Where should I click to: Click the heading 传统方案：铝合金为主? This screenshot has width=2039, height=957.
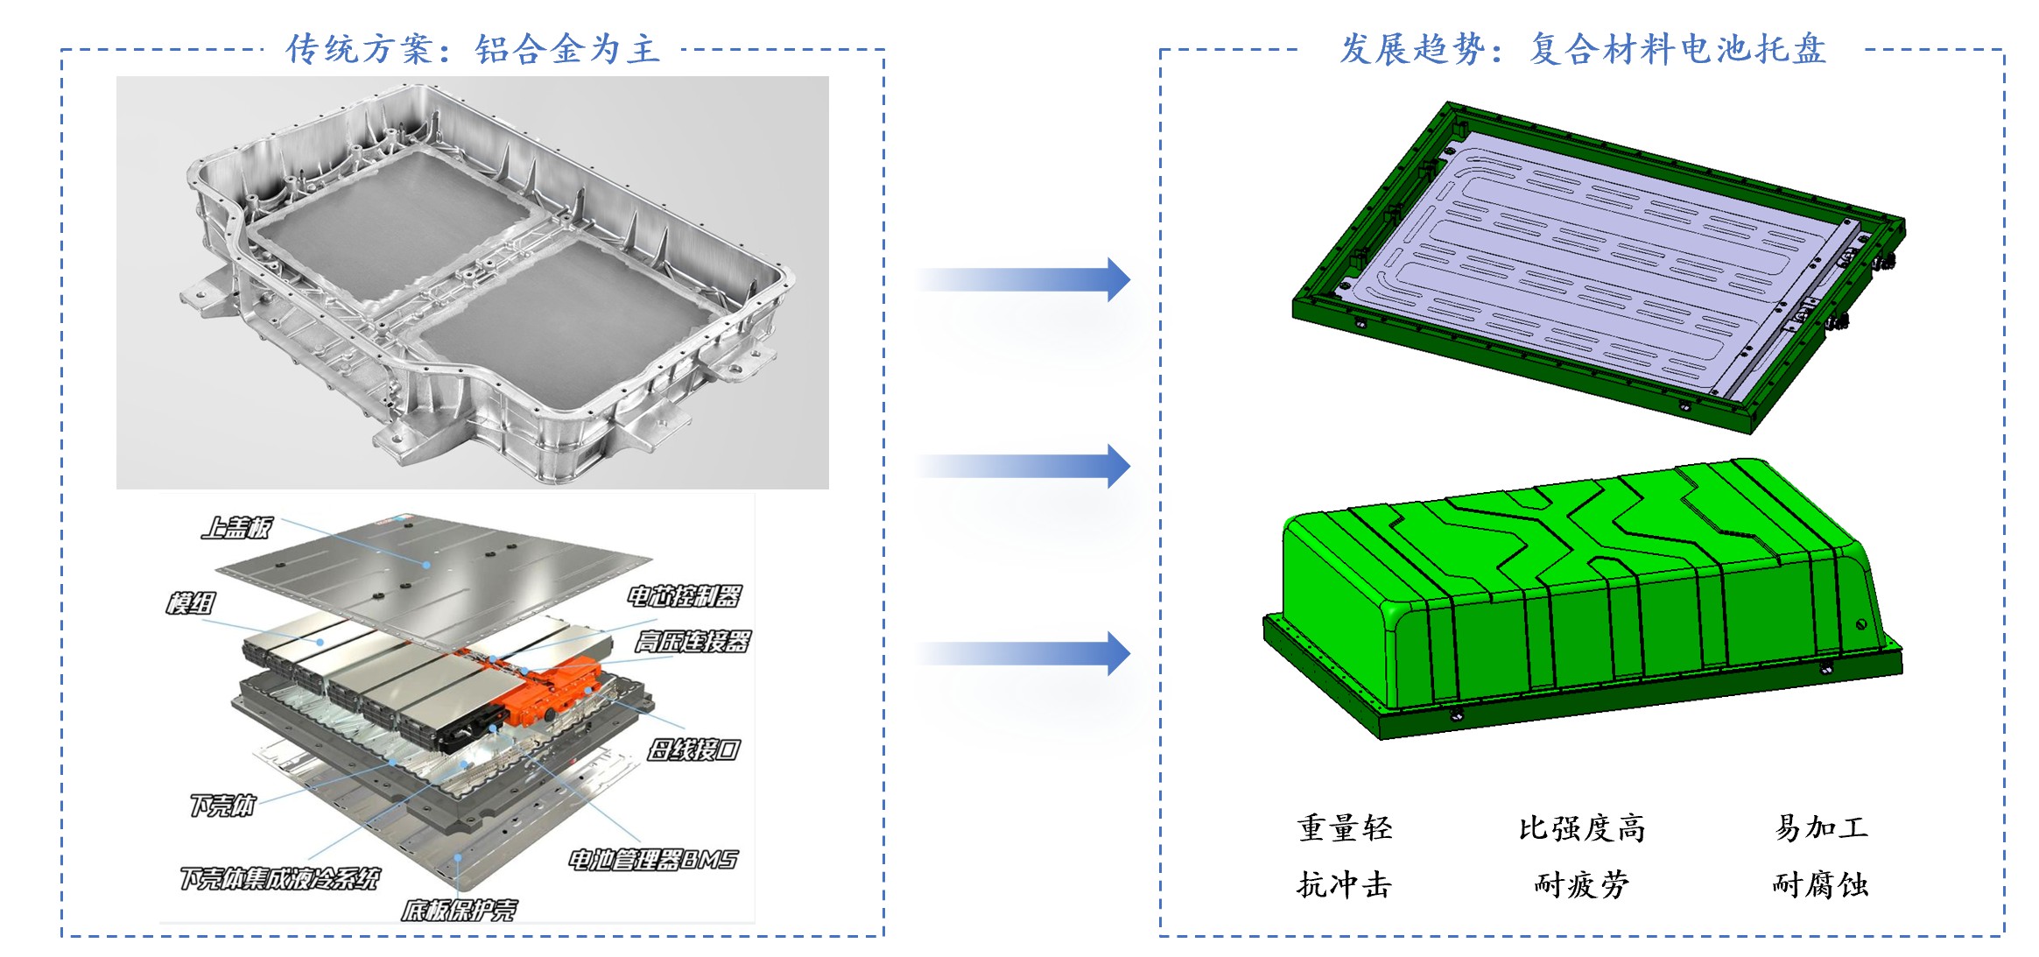473,49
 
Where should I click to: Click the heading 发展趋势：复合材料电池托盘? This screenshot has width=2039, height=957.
1583,49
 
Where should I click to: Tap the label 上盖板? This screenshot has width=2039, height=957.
236,528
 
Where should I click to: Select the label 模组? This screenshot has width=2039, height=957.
191,603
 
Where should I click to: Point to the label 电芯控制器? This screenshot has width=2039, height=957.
684,597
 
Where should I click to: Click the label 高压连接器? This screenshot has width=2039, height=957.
692,642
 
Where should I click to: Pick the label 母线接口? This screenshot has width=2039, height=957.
693,749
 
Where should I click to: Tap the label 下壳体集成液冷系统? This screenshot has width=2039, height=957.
279,878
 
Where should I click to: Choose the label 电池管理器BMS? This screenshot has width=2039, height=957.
652,860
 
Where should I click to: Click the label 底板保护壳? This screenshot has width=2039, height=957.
459,911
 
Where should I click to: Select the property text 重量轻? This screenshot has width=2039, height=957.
1345,828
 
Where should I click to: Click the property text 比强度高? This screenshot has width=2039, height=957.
1582,828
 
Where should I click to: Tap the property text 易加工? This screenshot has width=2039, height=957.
1821,828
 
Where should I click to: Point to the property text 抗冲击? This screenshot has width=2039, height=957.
1345,885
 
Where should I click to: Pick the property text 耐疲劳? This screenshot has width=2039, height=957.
1582,885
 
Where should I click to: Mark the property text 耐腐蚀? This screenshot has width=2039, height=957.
1821,885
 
